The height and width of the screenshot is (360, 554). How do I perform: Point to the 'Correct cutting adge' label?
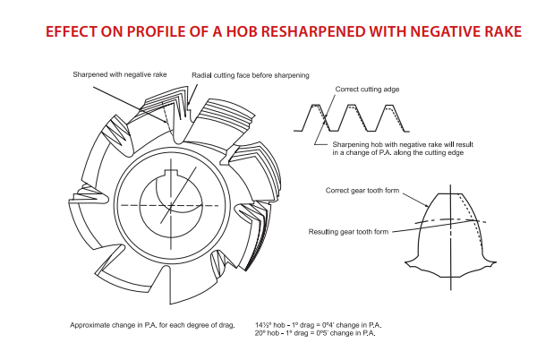coord(367,90)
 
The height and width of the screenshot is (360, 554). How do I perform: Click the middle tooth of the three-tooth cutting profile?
coord(353,116)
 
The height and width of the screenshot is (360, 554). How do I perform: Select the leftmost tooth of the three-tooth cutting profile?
coord(314,116)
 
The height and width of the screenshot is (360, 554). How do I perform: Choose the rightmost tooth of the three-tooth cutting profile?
coord(391,116)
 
